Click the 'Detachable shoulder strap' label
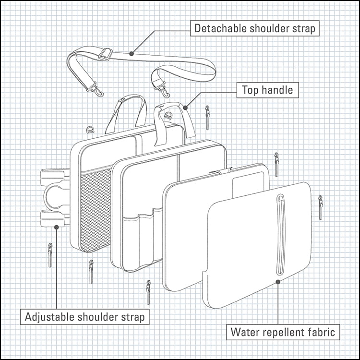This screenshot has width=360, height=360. pos(255,28)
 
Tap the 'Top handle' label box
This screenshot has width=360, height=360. pos(267,90)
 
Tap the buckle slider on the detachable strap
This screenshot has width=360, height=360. pos(105,54)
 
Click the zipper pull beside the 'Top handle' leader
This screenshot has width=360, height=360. pos(207,118)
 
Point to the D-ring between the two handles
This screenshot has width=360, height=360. pos(168,115)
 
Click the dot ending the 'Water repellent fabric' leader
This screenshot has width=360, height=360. pos(277,282)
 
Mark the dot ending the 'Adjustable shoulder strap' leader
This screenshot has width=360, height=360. pos(56,227)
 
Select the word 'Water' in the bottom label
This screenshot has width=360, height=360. pos(244,332)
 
